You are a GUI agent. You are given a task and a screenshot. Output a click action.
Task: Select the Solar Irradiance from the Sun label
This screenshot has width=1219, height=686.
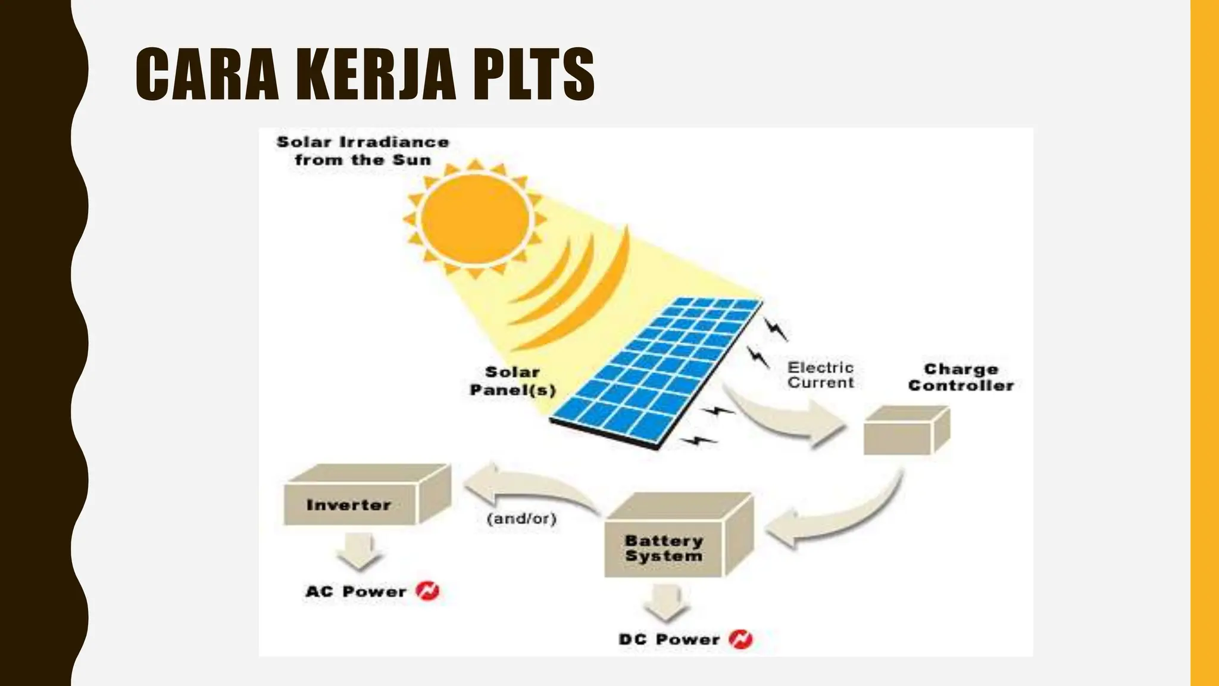362,151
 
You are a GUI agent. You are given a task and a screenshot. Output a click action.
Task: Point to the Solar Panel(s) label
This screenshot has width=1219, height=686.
512,381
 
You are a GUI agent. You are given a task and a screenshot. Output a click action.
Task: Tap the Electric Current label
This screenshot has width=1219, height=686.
820,375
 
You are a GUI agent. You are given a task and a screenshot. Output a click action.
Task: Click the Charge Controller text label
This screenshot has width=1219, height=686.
961,378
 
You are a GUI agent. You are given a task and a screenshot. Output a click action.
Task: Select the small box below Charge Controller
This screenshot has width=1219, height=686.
905,431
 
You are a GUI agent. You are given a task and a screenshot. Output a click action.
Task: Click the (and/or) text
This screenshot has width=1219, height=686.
521,519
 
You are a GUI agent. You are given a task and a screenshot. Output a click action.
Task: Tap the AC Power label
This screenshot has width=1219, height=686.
355,591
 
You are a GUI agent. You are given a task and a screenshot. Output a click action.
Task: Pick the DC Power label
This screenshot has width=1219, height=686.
669,640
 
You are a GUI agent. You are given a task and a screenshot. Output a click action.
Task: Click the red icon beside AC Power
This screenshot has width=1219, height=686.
427,591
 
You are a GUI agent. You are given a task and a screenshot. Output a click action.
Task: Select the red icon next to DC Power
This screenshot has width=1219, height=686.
741,639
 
